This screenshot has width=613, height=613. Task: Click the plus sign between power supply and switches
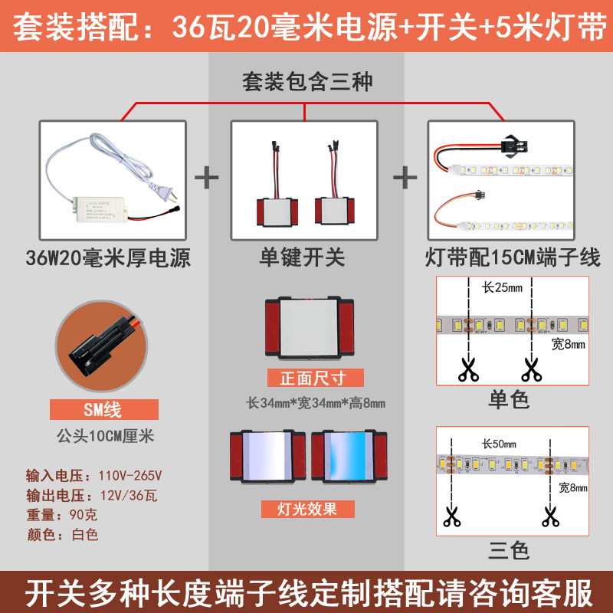point(206,179)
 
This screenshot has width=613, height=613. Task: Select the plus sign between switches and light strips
point(405,179)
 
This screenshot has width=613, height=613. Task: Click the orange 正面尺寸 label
point(316,378)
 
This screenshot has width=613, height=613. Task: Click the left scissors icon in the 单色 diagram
point(467,370)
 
